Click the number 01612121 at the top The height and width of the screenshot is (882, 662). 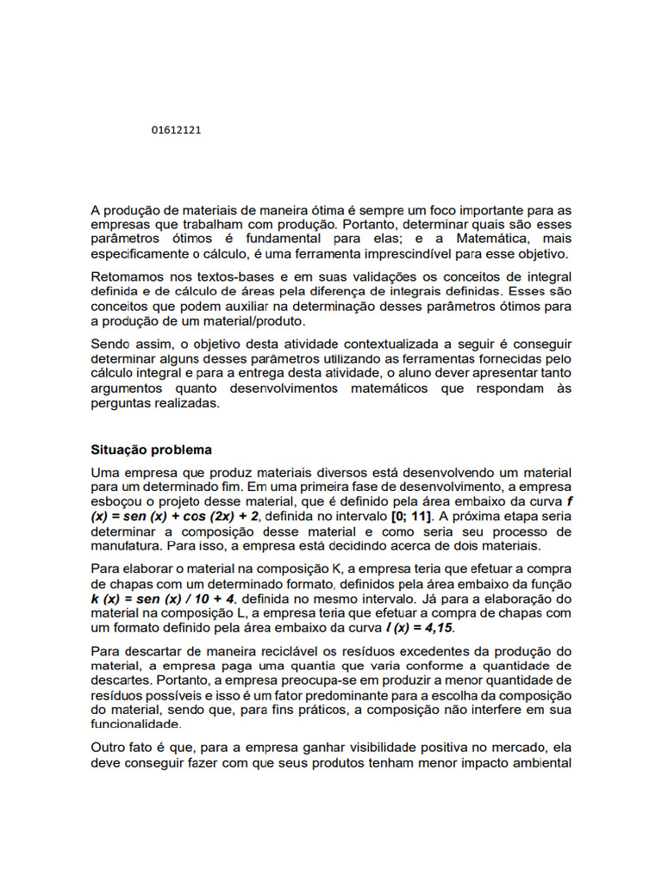(x=176, y=130)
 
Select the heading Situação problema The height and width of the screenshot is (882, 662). (x=151, y=450)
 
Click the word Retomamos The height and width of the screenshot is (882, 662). (x=128, y=276)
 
